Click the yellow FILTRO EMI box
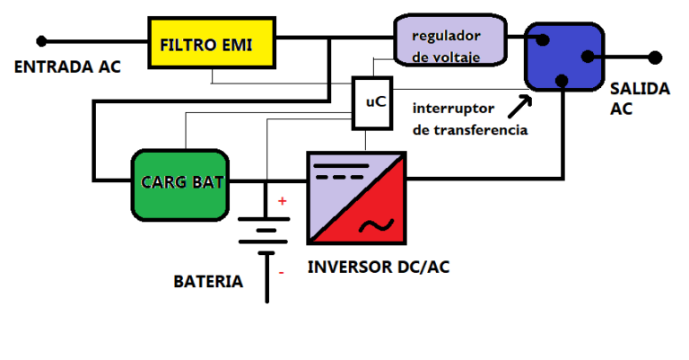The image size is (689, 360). [211, 43]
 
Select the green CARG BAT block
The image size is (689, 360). [182, 184]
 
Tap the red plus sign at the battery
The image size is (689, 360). [282, 201]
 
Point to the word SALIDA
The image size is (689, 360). [639, 89]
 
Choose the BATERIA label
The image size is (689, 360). [208, 282]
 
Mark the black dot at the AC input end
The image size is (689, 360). [40, 40]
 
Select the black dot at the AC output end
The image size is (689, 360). [656, 57]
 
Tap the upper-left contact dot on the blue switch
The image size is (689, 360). [542, 39]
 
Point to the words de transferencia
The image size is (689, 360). [469, 130]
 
